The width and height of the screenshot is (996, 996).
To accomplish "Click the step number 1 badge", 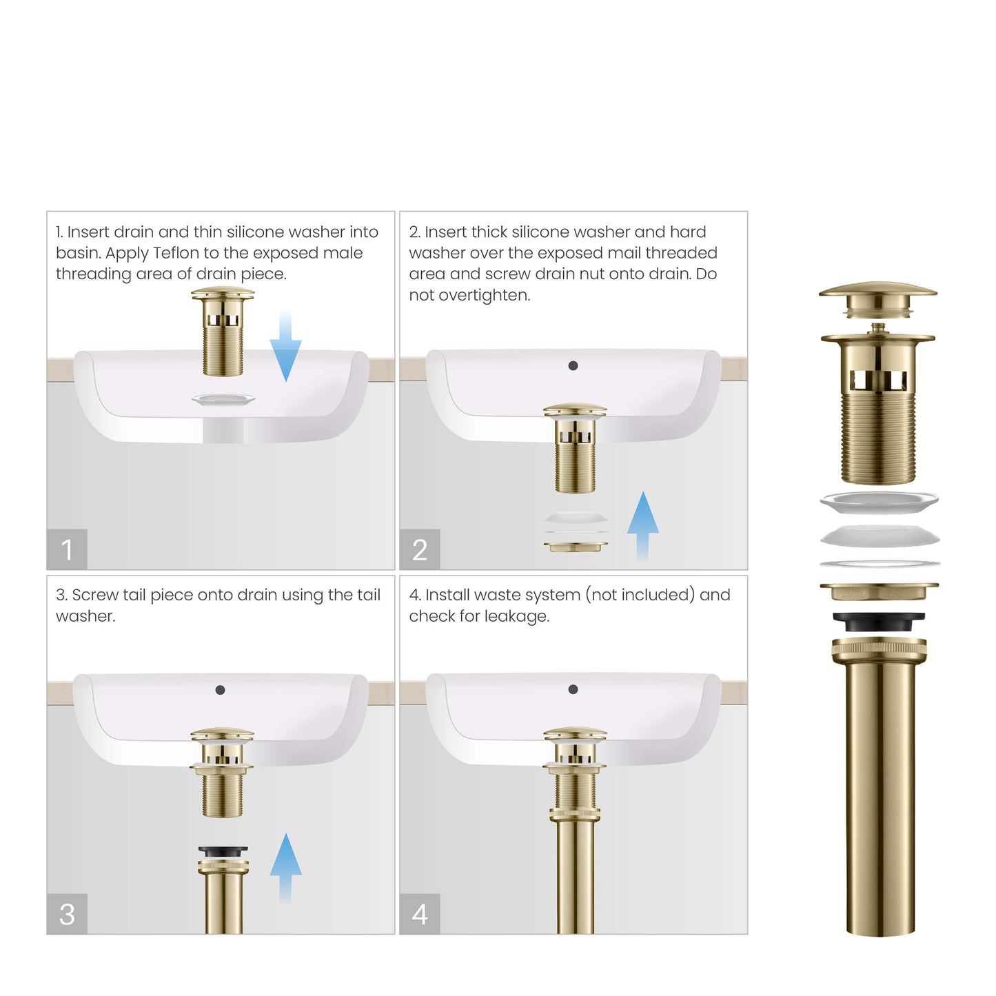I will pyautogui.click(x=67, y=549).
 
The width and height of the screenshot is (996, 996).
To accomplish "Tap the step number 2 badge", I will pyautogui.click(x=420, y=549).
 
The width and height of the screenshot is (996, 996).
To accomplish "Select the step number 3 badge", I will pyautogui.click(x=67, y=914).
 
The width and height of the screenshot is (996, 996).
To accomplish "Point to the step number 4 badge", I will pyautogui.click(x=420, y=914).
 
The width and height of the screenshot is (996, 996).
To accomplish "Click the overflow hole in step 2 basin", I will pyautogui.click(x=573, y=366).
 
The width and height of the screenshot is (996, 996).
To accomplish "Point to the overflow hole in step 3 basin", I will pyautogui.click(x=220, y=690).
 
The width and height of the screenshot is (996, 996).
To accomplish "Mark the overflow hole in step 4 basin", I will pyautogui.click(x=573, y=689).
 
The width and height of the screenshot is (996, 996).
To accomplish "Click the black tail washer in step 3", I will pyautogui.click(x=223, y=852).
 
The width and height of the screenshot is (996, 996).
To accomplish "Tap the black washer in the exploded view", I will pyautogui.click(x=878, y=622).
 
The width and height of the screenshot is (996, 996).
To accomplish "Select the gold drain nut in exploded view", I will pyautogui.click(x=879, y=591).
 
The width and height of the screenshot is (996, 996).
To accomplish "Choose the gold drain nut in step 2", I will pyautogui.click(x=576, y=547).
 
